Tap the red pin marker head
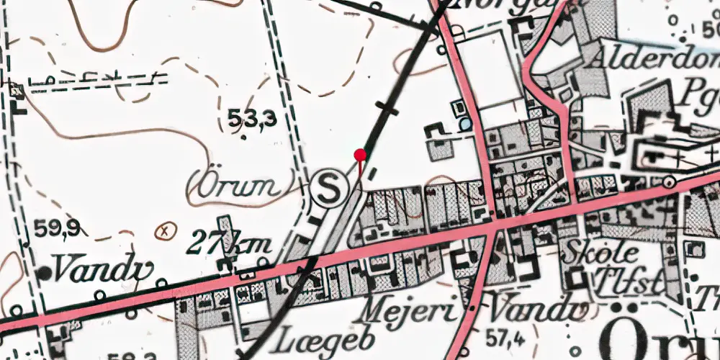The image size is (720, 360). (361, 154)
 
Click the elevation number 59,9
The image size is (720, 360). (56, 230)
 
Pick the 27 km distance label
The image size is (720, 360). (228, 244)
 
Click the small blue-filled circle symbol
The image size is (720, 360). (467, 124)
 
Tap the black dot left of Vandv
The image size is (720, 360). (45, 273)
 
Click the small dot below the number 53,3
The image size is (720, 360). (243, 136)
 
